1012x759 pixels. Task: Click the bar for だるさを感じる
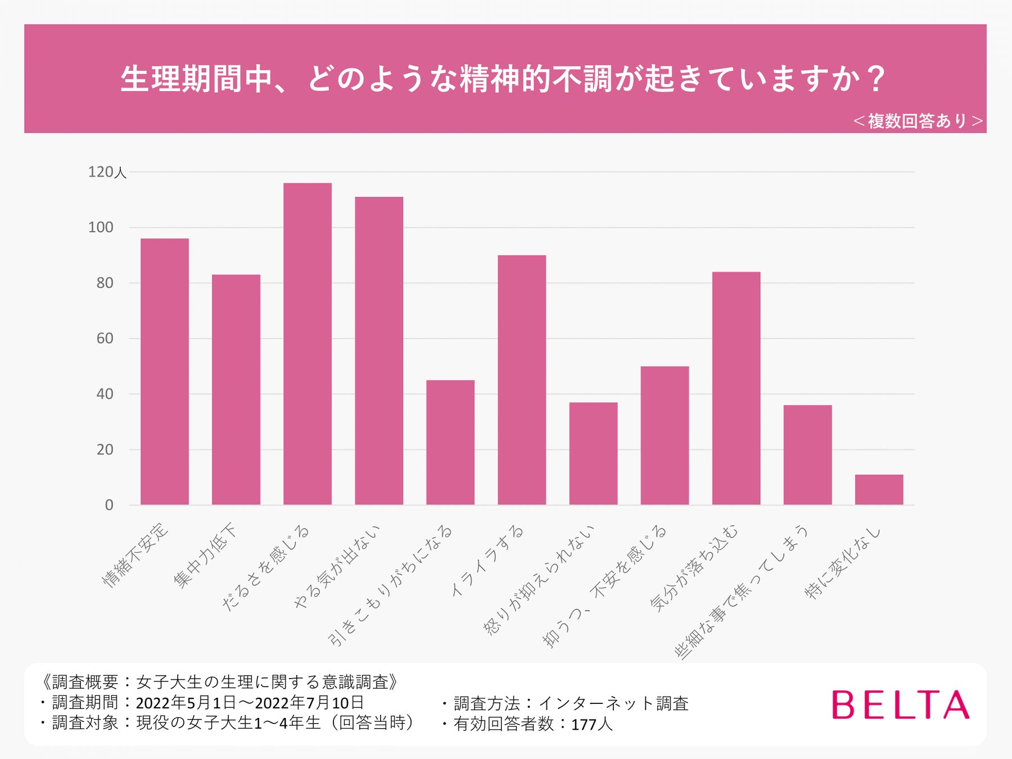click(307, 344)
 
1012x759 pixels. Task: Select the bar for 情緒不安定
click(164, 372)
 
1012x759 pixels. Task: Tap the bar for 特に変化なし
click(879, 490)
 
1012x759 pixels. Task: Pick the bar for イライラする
click(522, 380)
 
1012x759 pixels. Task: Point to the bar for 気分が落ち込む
click(736, 388)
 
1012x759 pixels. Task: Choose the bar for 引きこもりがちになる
click(450, 442)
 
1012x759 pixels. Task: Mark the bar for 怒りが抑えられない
click(593, 454)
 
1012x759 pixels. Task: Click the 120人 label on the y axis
click(107, 172)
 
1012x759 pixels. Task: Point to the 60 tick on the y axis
click(105, 338)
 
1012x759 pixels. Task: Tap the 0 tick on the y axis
click(109, 505)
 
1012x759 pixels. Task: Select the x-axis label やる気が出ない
click(337, 567)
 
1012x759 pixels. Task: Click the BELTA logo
click(900, 705)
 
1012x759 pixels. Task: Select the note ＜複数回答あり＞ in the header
click(918, 121)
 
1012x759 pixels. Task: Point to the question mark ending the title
click(876, 79)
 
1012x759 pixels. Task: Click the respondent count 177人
click(592, 724)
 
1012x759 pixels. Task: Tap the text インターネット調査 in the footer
click(613, 703)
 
